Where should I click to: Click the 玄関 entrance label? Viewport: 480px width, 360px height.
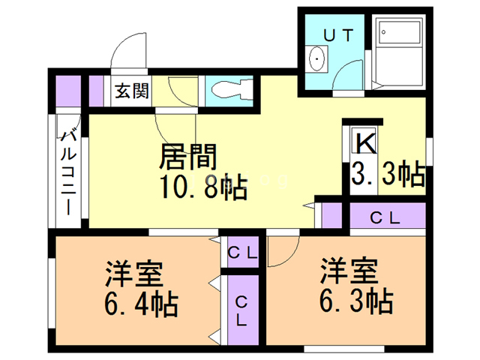[x=132, y=91]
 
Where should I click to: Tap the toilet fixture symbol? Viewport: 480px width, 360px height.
[x=232, y=90]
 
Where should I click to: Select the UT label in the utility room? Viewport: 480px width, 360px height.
[x=339, y=35]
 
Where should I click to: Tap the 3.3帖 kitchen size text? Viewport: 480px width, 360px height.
[x=388, y=173]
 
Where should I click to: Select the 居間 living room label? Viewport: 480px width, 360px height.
[x=187, y=157]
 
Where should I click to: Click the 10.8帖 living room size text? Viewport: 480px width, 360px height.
[x=203, y=187]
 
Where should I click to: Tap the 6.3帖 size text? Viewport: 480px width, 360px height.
[x=356, y=301]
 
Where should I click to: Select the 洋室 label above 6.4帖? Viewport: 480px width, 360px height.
[x=134, y=273]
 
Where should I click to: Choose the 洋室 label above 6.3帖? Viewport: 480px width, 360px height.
[x=349, y=271]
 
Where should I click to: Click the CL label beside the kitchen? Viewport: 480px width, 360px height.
[x=385, y=218]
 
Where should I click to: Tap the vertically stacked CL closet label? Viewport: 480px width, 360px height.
[x=241, y=311]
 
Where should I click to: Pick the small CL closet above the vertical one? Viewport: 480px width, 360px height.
[x=242, y=253]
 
